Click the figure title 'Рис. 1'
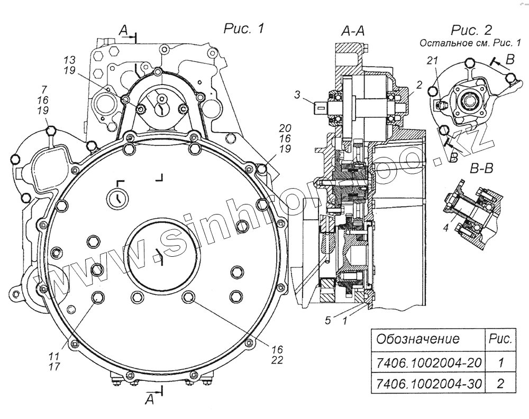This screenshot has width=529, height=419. (244, 29)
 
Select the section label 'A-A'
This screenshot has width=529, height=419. (352, 33)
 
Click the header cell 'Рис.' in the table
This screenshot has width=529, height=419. (500, 339)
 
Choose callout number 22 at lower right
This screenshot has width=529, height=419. (278, 360)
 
